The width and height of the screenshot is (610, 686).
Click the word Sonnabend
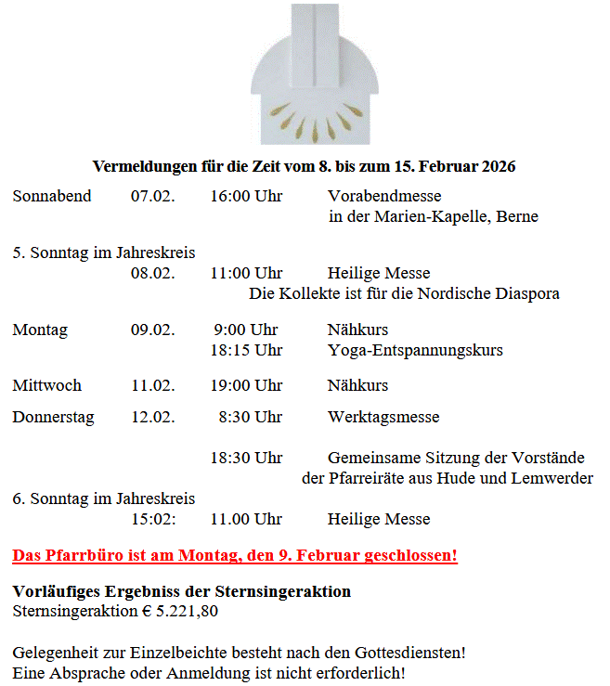(x=52, y=197)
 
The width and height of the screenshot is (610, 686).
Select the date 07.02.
(x=152, y=197)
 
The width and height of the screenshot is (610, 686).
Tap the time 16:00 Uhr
(x=246, y=197)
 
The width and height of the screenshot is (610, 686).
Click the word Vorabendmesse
(x=384, y=197)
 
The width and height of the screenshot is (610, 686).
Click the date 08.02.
(x=152, y=274)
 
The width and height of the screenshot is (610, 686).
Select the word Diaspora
(x=528, y=294)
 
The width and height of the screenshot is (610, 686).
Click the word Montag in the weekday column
(x=40, y=330)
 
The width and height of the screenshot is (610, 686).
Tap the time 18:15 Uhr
(x=246, y=351)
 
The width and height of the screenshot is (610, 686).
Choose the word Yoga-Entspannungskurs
(x=415, y=351)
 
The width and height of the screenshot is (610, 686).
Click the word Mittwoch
(x=47, y=386)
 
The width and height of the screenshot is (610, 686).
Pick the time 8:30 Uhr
(x=251, y=418)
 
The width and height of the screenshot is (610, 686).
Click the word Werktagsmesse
(x=383, y=418)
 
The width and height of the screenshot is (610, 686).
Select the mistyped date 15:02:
(x=153, y=520)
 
